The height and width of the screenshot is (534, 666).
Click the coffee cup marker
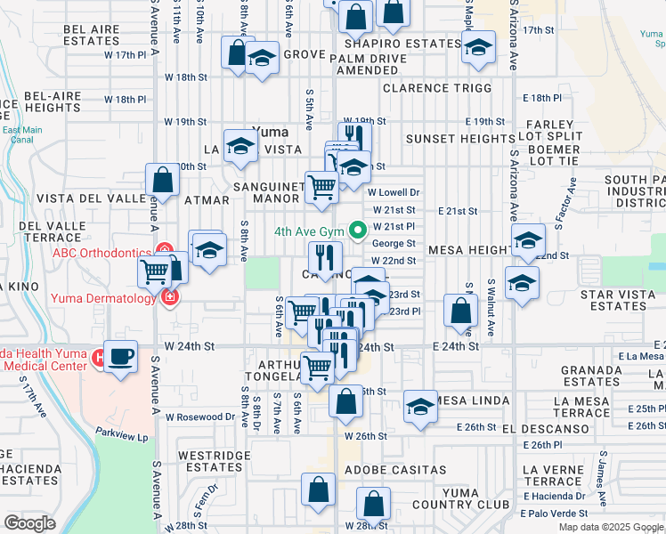(121, 357)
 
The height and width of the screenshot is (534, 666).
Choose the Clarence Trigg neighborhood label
(436, 88)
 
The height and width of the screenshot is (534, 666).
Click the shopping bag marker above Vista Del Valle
(164, 181)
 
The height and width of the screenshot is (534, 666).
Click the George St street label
(394, 243)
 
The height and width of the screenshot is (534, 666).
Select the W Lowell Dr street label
(393, 192)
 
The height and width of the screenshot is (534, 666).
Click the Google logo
(29, 522)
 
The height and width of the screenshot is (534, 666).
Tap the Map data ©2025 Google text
(610, 527)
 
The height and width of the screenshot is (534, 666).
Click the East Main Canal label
(21, 135)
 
